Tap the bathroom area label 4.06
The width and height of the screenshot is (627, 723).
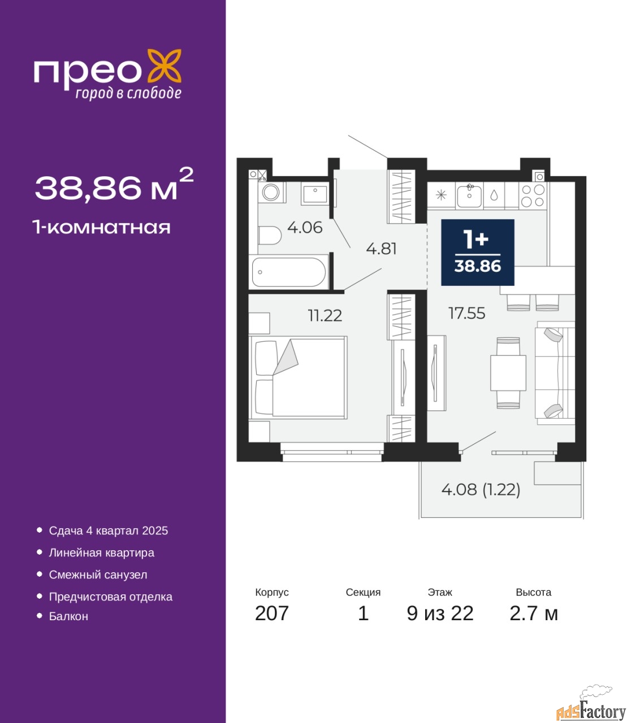pos(305,228)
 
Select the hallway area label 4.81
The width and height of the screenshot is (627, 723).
pos(381,249)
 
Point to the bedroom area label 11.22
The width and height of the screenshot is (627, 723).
pos(325,315)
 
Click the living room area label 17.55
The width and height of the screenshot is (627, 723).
pos(466,313)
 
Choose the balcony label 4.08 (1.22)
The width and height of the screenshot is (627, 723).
pos(481,490)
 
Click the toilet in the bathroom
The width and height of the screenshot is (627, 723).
pos(270,236)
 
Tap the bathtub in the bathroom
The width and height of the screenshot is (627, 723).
pos(289,272)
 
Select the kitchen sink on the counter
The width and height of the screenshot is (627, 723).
pos(469,196)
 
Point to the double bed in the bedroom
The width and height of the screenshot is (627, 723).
pos(298,377)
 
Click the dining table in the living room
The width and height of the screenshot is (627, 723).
pos(508,373)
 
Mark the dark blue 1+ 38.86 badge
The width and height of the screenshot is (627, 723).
pos(478,252)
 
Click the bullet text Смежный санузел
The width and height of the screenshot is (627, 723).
pos(98,574)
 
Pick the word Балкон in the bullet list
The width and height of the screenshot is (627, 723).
pos(68,616)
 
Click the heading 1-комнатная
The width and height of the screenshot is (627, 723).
pos(102,228)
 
